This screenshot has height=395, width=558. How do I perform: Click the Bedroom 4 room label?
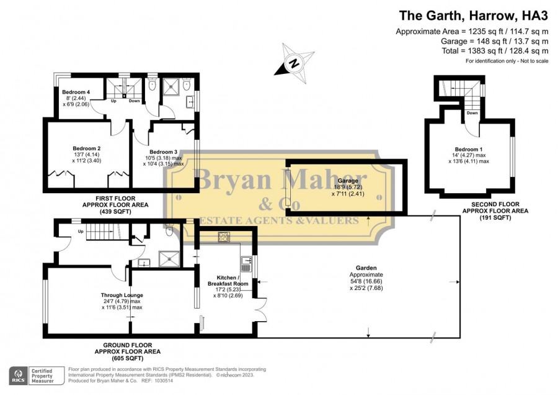click(76, 92)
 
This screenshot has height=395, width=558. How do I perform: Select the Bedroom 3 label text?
click(163, 152)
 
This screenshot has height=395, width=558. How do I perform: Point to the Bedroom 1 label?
click(469, 150)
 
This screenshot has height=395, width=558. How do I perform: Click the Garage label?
click(348, 181)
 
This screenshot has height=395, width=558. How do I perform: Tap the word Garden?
click(366, 268)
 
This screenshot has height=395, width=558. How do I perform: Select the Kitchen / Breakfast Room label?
click(228, 281)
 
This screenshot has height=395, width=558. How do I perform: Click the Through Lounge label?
click(122, 295)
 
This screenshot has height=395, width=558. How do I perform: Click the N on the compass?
click(294, 63)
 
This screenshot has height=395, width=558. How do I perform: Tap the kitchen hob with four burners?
click(224, 237)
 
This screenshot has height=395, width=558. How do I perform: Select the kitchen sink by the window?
click(246, 264)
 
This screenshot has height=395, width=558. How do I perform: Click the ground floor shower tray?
click(169, 259)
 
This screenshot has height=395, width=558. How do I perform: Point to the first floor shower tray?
click(172, 86)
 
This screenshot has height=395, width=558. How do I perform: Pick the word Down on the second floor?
click(472, 113)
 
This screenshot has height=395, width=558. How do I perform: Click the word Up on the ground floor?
click(81, 232)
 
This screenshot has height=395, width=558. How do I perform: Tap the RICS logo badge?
click(18, 376)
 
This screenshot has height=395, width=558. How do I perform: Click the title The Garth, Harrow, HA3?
click(474, 16)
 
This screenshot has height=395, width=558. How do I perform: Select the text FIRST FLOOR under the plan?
click(115, 199)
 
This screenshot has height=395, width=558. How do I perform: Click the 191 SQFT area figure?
click(495, 217)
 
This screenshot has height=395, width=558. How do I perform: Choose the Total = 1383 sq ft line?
click(495, 51)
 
